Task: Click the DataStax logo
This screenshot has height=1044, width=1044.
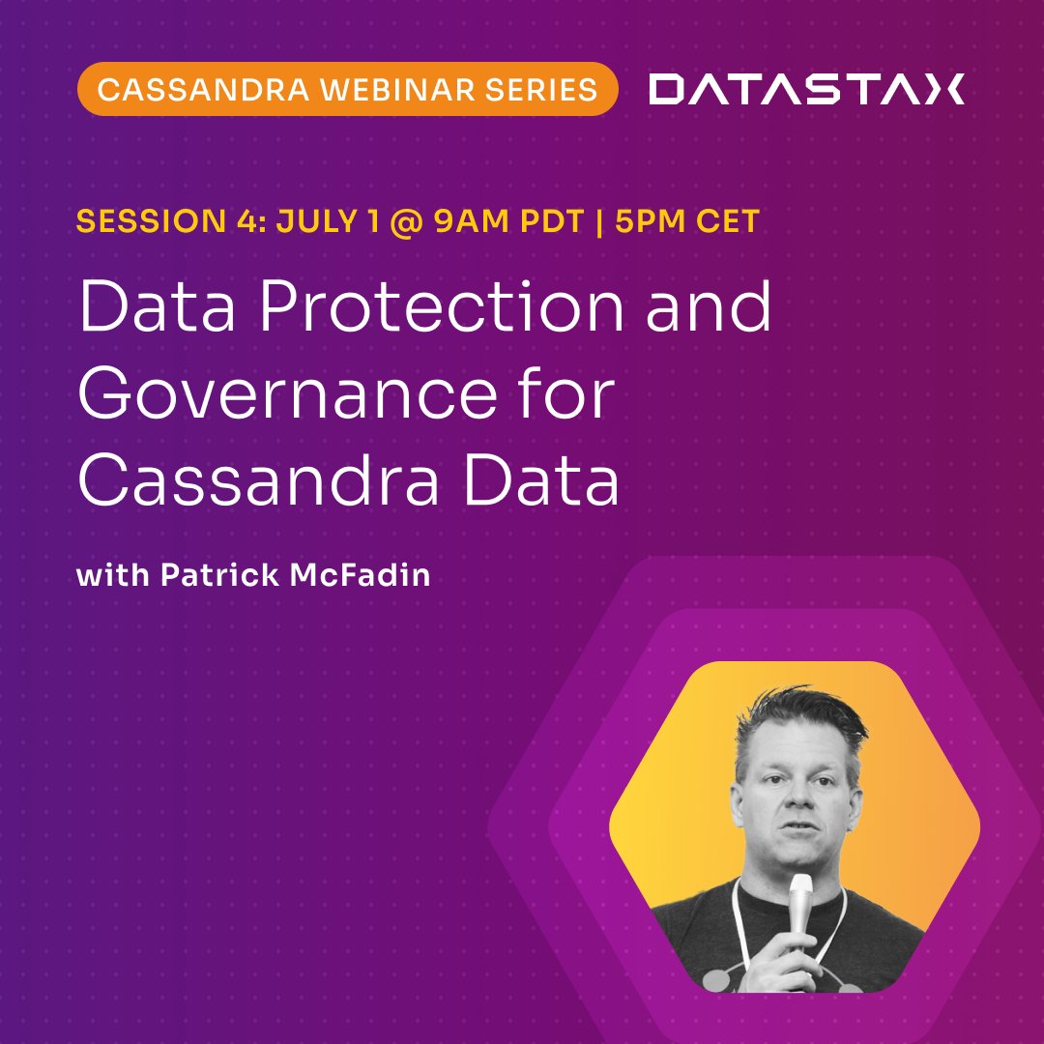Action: [x=806, y=89]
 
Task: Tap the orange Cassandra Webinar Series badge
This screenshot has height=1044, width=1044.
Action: [x=347, y=89]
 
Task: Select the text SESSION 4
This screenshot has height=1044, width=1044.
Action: [x=159, y=221]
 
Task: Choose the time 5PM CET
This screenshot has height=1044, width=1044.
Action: [x=687, y=221]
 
